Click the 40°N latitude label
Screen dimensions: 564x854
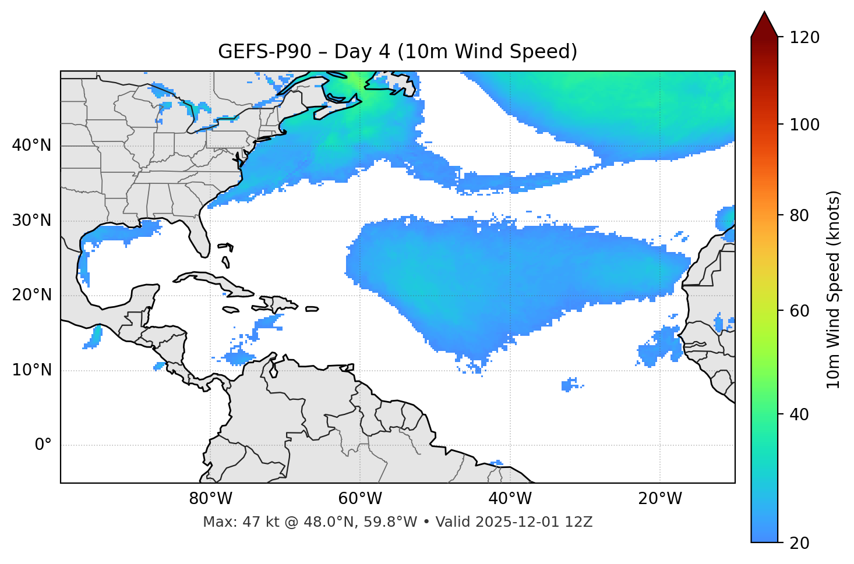coord(31,146)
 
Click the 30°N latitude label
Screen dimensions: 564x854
coord(31,221)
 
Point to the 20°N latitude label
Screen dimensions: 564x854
coord(31,295)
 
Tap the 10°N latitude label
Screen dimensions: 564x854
coord(31,370)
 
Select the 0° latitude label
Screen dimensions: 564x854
coord(43,445)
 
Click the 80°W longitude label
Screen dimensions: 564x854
coord(210,499)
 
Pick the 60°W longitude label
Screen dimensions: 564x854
coord(360,499)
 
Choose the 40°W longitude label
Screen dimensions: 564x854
coord(510,499)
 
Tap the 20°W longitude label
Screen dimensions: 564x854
coord(659,499)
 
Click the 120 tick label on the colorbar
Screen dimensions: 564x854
coord(804,37)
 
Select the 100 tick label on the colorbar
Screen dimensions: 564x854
coord(804,125)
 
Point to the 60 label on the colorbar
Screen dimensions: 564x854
coord(800,311)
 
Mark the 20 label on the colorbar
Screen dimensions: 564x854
coord(800,542)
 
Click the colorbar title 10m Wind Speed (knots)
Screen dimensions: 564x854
coord(834,289)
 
